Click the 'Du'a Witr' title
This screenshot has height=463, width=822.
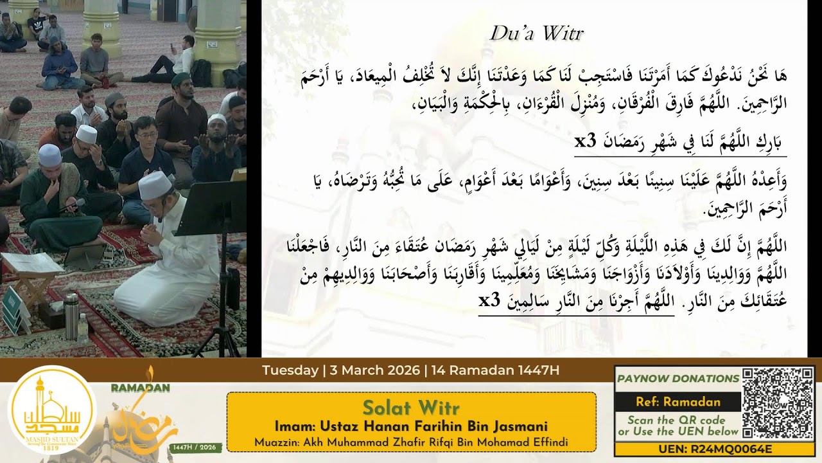(536, 33)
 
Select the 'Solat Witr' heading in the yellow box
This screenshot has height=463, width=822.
(411, 408)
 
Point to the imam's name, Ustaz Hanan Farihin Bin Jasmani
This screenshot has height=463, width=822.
(411, 426)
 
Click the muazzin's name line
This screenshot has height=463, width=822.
(411, 442)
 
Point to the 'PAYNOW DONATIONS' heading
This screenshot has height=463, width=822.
(678, 379)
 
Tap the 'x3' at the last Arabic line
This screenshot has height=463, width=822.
(491, 300)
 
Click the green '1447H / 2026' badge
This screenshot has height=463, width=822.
(197, 447)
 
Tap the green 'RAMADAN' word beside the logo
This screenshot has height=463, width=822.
(140, 388)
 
